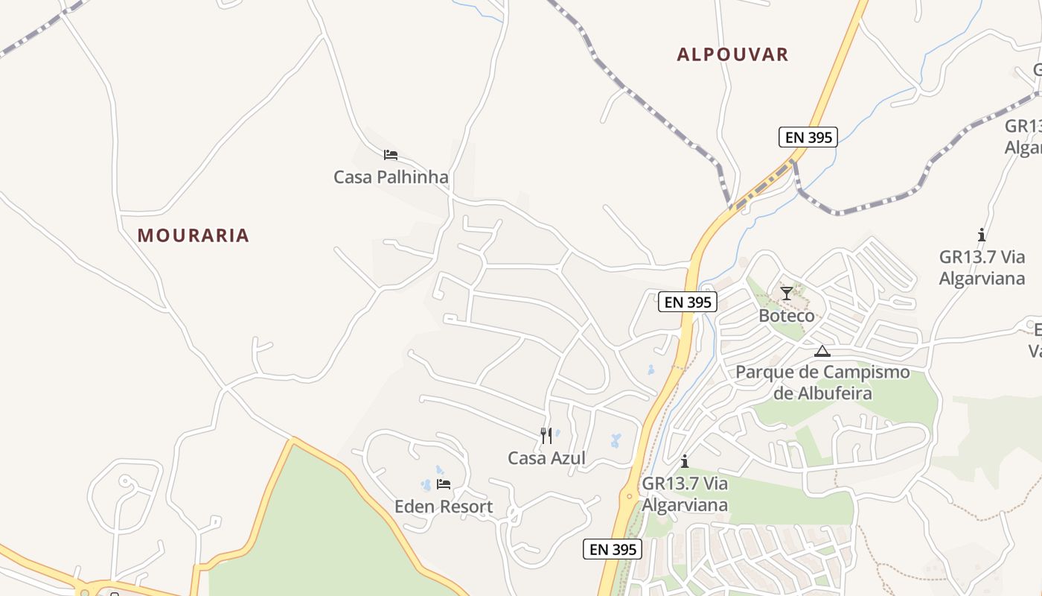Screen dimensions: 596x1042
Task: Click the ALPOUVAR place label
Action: click(732, 54)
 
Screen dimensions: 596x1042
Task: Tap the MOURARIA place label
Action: click(193, 235)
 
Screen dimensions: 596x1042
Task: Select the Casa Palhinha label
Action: click(391, 177)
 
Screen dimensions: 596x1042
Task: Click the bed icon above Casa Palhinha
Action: click(391, 155)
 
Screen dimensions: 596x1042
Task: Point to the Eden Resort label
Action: click(444, 507)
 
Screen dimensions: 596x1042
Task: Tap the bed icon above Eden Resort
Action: click(444, 484)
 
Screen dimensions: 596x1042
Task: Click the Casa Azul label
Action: click(546, 458)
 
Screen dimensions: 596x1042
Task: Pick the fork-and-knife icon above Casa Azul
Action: click(546, 435)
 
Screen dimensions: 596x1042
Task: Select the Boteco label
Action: click(787, 316)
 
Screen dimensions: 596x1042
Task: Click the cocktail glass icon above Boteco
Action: click(787, 293)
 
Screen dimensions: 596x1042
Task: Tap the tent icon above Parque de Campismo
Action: click(822, 351)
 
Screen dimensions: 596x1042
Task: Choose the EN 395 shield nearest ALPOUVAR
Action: click(808, 137)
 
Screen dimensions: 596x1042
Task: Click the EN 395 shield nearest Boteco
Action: click(688, 302)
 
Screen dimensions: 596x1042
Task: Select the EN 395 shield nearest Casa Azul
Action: click(612, 549)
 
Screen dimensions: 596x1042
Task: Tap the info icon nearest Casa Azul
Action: click(684, 461)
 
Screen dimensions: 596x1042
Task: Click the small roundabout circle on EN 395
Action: click(630, 495)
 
